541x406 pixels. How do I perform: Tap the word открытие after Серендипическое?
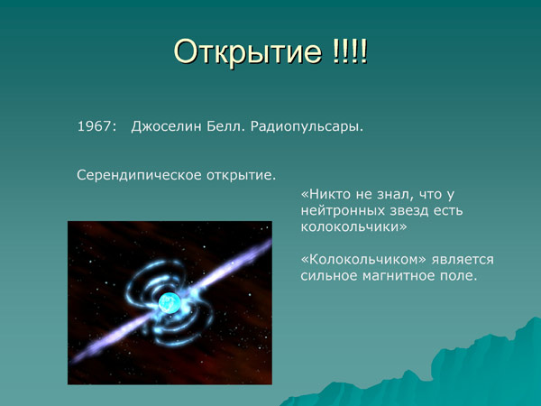pyautogui.click(x=239, y=173)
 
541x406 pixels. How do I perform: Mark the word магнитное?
pyautogui.click(x=399, y=276)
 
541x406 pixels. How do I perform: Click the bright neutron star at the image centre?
pyautogui.click(x=168, y=303)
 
